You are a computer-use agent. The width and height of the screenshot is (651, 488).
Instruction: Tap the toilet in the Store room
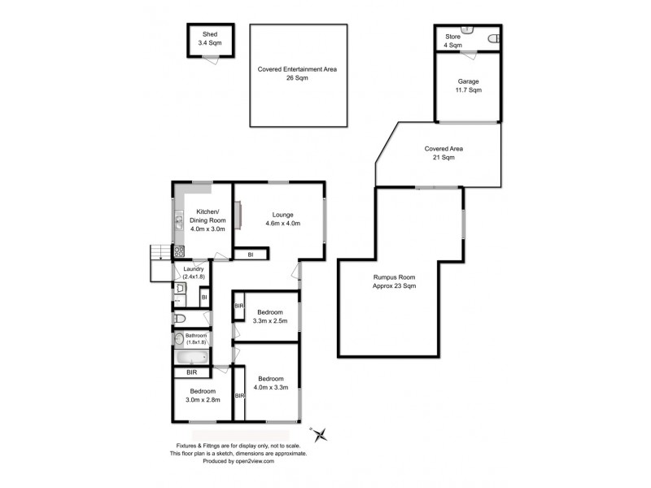click(492, 39)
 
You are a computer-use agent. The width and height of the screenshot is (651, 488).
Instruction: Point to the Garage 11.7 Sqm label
click(468, 85)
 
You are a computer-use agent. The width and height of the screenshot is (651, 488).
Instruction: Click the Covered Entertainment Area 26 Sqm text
click(297, 74)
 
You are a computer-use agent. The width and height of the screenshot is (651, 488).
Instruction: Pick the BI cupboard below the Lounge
click(250, 255)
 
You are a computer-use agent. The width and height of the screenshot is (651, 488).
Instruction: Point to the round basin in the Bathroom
click(179, 338)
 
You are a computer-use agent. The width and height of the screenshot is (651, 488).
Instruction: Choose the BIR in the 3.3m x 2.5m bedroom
click(239, 306)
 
